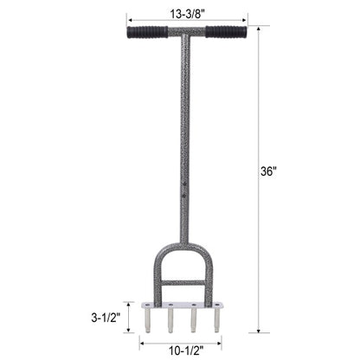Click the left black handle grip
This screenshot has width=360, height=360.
[146, 32]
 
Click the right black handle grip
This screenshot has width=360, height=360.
[225, 32]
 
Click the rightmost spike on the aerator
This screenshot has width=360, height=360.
[215, 319]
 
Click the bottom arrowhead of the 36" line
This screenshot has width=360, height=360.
[258, 330]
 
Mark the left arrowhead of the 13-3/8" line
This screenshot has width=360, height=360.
[130, 17]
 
